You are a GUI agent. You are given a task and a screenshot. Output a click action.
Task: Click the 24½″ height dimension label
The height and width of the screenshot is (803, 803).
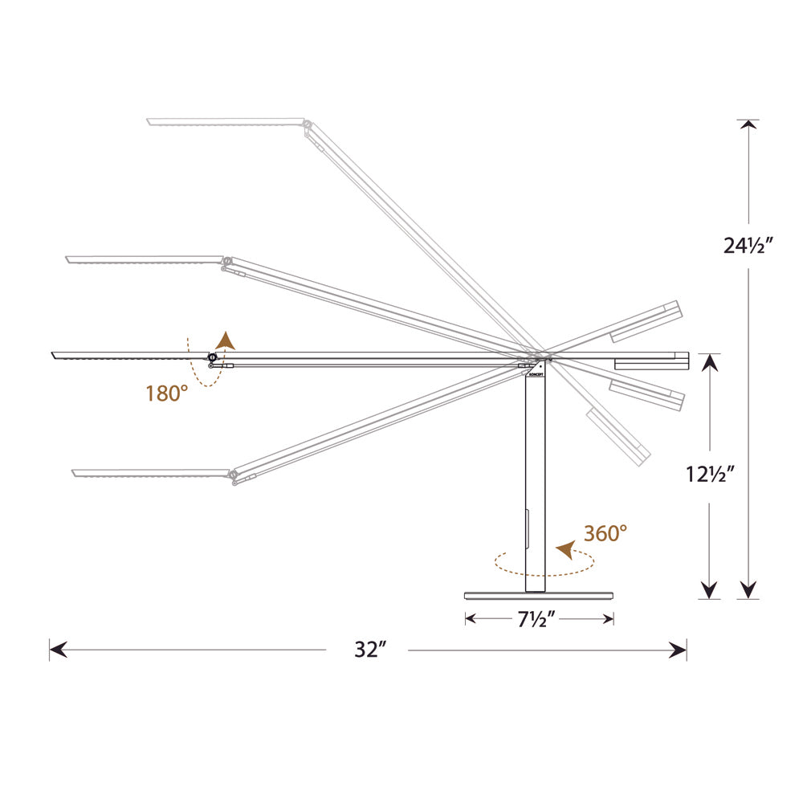coord(747,246)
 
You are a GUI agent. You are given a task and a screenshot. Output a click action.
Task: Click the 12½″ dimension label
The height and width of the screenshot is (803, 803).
coord(710,475)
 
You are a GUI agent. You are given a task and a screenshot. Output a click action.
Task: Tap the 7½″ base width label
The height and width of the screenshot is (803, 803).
coord(536,619)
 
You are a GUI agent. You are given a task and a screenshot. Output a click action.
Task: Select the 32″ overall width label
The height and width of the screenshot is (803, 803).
coord(369,650)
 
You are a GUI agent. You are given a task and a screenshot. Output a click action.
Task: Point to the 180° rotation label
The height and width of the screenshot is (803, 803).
coord(166,393)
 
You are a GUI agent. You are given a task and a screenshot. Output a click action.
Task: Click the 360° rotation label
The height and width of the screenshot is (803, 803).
coord(605,533)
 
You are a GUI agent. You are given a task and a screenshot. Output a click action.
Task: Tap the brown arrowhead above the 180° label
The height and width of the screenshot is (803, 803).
coord(225,340)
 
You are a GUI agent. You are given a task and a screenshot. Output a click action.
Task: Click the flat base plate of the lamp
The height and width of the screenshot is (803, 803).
coord(539,596)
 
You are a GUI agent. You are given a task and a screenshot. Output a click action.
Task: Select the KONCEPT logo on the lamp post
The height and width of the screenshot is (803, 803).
coord(535,374)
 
